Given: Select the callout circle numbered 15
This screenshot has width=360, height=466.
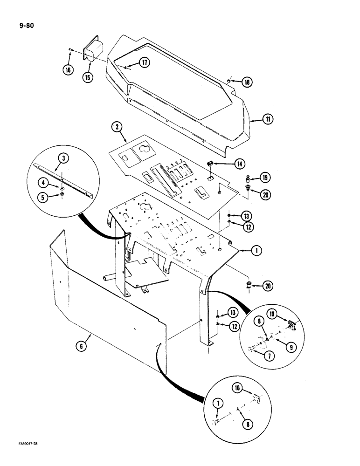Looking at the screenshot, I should point(88,77).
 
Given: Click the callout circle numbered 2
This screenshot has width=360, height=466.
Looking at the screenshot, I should point(117,126).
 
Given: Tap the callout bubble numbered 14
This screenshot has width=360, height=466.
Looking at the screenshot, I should point(239,164).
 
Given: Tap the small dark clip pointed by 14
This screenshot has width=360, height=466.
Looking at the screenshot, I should point(210,164).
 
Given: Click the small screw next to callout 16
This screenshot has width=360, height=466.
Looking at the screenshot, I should point(69,49).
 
